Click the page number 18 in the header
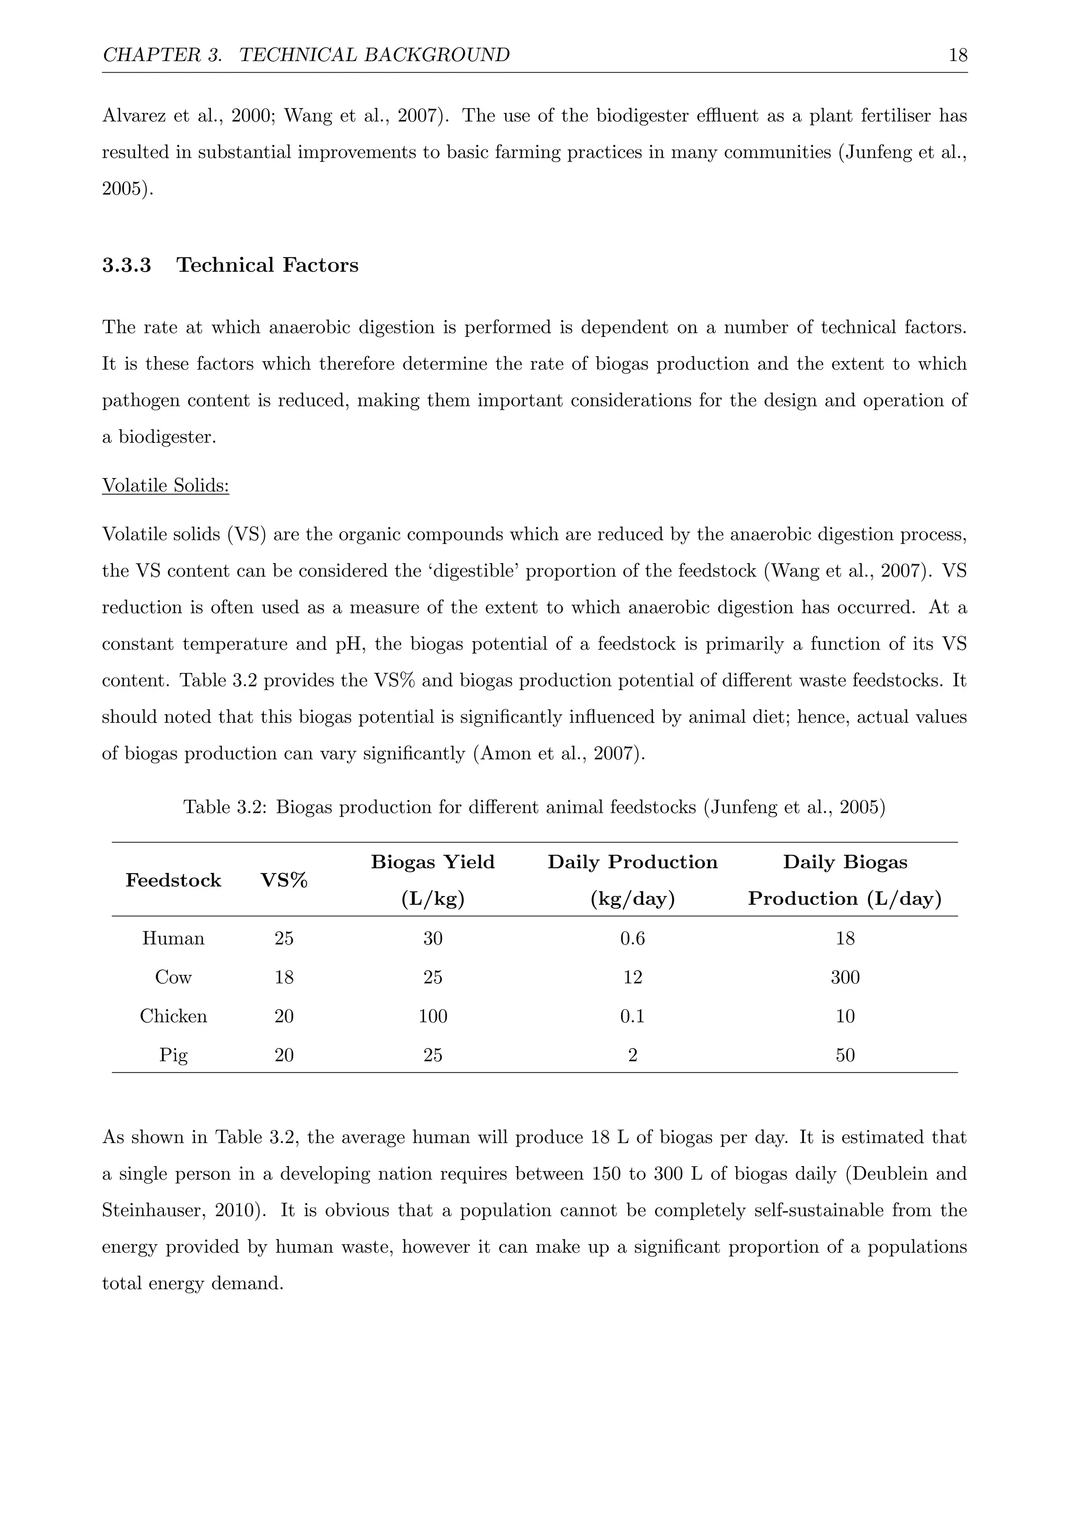(x=957, y=55)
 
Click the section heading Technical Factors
(x=267, y=265)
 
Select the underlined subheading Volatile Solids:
(x=166, y=486)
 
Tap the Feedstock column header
(x=173, y=880)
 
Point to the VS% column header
(x=284, y=880)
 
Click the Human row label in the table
(x=173, y=938)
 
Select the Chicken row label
(x=173, y=1016)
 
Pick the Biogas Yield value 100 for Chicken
(x=433, y=1016)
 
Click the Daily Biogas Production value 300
(x=845, y=977)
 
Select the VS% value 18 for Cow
(x=284, y=977)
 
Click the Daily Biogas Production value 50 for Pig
(x=845, y=1055)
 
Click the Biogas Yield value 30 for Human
(x=433, y=938)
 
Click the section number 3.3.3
(x=126, y=265)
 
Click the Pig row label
(x=173, y=1055)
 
